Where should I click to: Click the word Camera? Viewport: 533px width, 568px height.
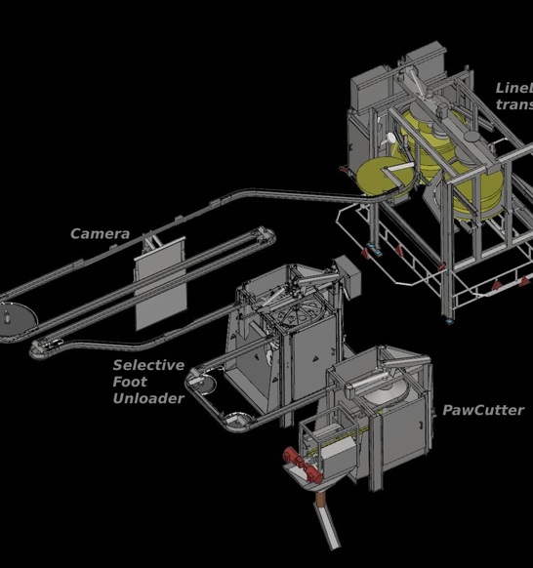pos(100,234)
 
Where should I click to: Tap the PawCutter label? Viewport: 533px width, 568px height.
pos(482,411)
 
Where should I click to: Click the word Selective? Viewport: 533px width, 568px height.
pos(147,366)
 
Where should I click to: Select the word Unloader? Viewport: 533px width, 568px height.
pos(147,398)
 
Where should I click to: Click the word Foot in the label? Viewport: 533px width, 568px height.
pos(129,382)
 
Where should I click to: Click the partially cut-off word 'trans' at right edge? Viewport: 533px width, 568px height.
pos(513,104)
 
